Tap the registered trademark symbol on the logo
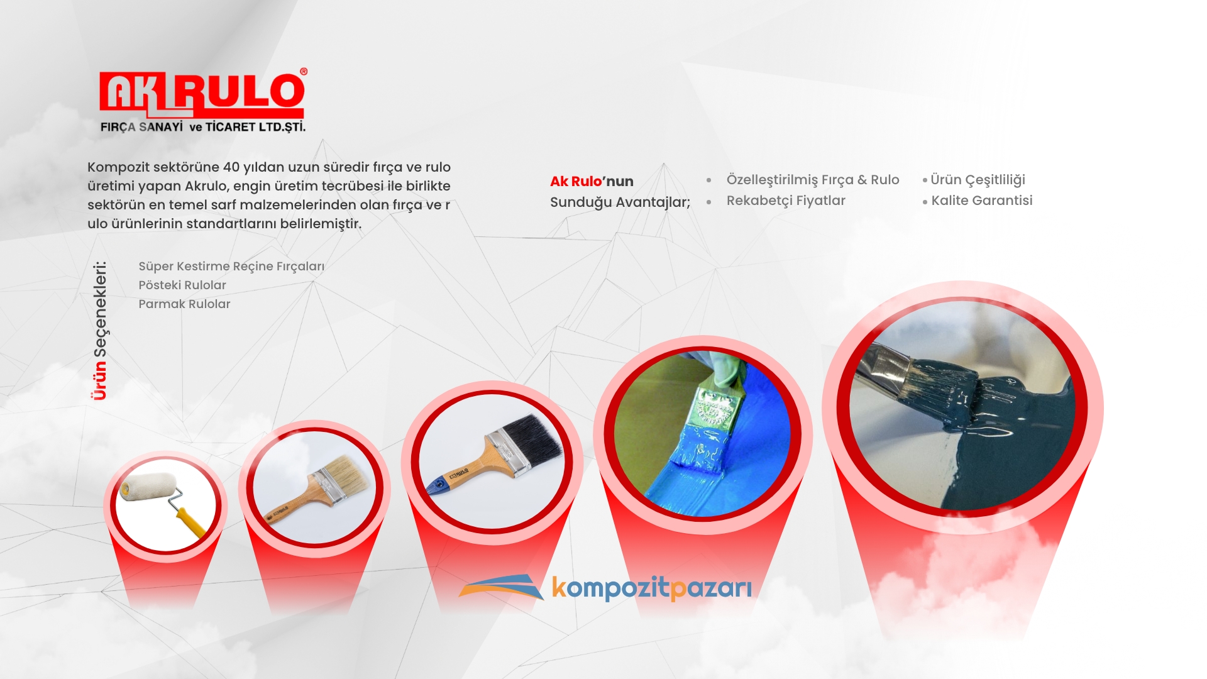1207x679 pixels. tap(304, 72)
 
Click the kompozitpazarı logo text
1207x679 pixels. tap(652, 588)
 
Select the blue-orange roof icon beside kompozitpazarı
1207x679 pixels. tap(502, 587)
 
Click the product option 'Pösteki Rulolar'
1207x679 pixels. tap(182, 285)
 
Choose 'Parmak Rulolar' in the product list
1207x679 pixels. tap(184, 304)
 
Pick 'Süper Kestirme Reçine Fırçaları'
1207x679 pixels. tap(231, 267)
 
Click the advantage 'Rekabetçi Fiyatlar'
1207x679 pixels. tap(786, 201)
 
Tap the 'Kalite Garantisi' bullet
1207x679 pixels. tap(981, 201)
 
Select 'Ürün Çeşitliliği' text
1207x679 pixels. tap(978, 180)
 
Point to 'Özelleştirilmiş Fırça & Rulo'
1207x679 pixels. tap(813, 180)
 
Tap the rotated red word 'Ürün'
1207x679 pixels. tap(99, 380)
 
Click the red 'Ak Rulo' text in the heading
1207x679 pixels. tap(576, 181)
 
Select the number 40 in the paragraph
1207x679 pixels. tap(231, 167)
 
